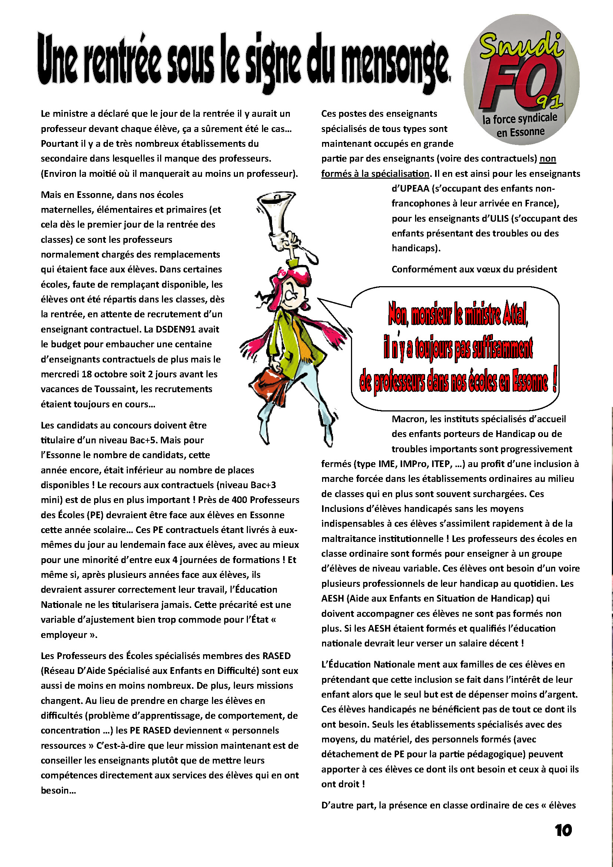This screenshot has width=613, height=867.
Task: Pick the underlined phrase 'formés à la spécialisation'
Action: click(375, 174)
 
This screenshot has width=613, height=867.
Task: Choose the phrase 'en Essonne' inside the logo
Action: click(520, 133)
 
